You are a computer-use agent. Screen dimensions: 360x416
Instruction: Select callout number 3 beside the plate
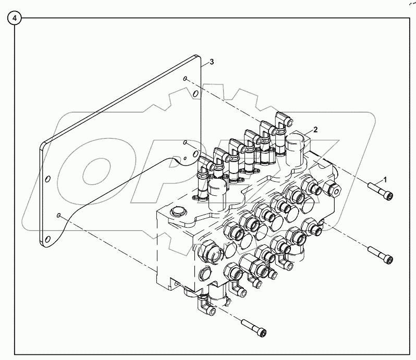[212, 62]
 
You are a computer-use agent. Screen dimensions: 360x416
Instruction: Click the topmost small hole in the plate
[185, 79]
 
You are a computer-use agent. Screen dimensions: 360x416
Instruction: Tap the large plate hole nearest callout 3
[195, 94]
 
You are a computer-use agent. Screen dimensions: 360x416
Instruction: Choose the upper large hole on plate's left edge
[48, 179]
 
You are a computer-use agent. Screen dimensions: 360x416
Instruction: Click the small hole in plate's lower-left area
[59, 215]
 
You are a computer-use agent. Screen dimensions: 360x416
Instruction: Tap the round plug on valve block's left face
[203, 272]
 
